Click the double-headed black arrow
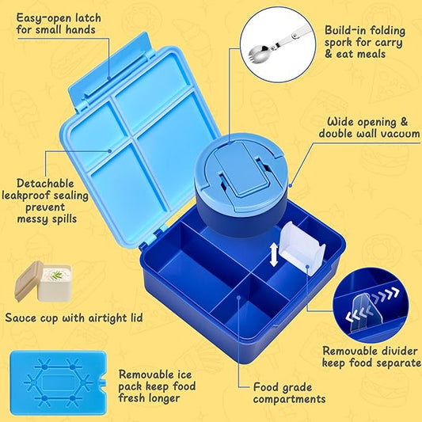[x=274, y=255]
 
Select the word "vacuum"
[x=399, y=134]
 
